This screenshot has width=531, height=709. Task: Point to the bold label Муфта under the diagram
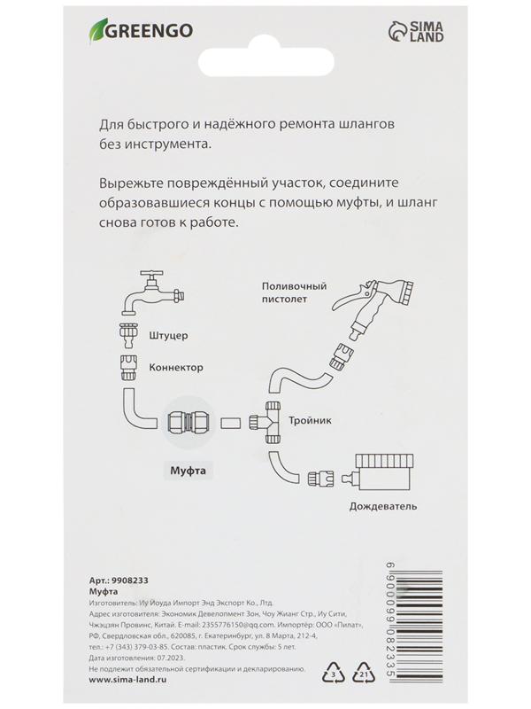coord(188,471)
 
